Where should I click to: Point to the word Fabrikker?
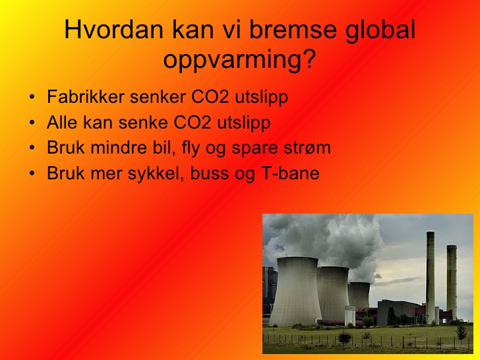tap(86, 97)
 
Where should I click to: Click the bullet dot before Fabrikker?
tap(32, 97)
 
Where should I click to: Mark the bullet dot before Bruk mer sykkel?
tap(32, 173)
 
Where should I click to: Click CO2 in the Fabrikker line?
tap(210, 97)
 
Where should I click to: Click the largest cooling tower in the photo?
tap(295, 291)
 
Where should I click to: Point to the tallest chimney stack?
tap(431, 278)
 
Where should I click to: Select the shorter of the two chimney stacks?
tap(452, 282)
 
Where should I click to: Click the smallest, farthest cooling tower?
tap(359, 295)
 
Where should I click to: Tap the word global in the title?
tap(380, 30)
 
